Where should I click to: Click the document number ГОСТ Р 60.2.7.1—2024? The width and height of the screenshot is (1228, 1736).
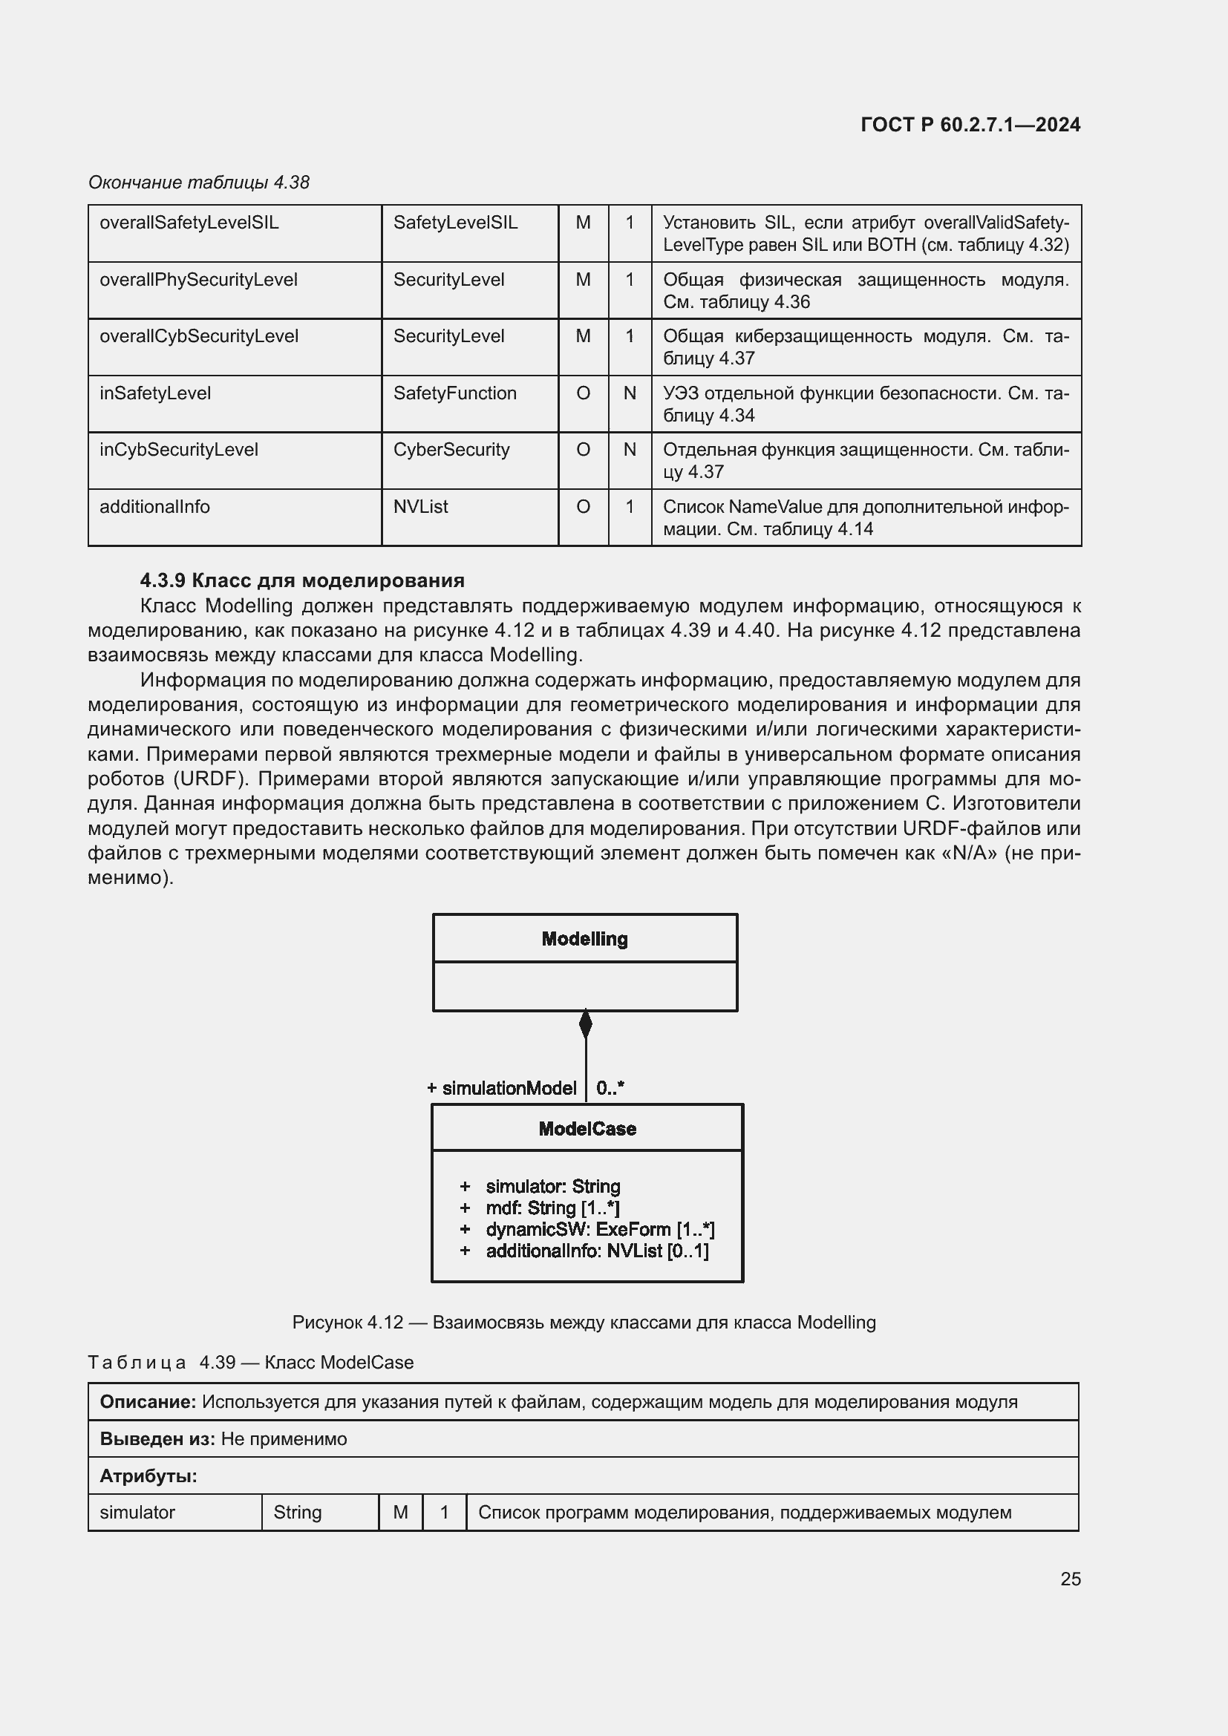970,125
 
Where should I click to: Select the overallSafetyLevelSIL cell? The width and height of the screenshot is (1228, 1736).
189,223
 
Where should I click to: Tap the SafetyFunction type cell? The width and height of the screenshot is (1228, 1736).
454,393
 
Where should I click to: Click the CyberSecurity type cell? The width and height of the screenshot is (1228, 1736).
451,450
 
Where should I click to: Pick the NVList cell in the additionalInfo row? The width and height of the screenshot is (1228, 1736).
420,507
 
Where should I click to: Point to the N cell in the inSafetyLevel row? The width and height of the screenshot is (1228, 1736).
629,393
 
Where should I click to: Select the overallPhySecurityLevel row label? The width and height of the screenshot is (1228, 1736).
198,280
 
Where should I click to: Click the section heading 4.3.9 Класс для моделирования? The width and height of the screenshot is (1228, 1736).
302,580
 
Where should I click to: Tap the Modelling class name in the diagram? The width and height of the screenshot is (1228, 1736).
584,939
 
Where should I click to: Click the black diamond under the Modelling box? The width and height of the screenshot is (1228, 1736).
585,1024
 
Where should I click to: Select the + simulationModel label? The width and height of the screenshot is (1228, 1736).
502,1088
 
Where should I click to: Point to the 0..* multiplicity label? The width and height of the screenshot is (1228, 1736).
610,1088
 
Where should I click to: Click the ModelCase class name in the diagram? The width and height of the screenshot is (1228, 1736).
587,1129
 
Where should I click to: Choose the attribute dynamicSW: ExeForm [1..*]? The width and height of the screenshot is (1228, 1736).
600,1229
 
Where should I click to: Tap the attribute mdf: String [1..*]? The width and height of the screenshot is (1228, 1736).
553,1208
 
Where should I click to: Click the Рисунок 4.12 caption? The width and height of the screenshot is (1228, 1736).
584,1323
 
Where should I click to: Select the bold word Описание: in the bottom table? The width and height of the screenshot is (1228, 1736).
148,1402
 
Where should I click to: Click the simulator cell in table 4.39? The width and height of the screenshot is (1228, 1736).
137,1512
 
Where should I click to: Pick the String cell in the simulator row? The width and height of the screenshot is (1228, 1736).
297,1512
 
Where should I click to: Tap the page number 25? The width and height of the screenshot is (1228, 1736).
1070,1579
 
